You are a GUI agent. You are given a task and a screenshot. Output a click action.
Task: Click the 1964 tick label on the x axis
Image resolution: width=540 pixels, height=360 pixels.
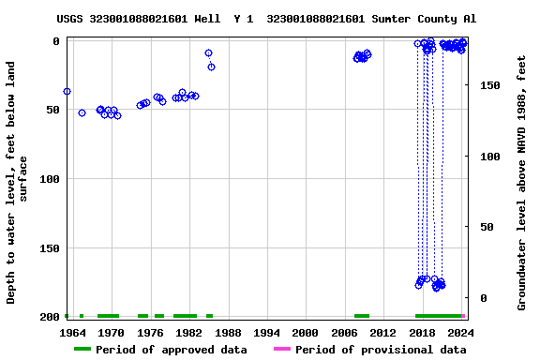click(72, 333)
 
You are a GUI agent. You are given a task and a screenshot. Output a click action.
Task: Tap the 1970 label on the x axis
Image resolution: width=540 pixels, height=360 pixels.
click(111, 333)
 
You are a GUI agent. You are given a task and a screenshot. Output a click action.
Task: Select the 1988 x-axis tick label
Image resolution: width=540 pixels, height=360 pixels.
click(228, 333)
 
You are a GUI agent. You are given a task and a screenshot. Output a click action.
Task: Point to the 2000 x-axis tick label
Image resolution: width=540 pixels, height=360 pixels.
click(306, 333)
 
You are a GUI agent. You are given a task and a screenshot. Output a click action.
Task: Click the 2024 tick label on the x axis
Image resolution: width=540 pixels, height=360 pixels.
click(461, 333)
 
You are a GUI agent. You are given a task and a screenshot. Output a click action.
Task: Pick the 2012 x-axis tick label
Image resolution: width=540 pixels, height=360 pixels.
click(383, 333)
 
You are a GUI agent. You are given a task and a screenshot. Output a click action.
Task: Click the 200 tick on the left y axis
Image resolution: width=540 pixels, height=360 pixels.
click(49, 318)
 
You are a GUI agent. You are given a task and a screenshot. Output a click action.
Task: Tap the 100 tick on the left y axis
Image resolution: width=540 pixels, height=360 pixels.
click(49, 179)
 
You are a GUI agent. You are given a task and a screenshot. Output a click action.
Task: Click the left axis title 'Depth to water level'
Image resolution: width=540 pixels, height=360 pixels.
click(18, 183)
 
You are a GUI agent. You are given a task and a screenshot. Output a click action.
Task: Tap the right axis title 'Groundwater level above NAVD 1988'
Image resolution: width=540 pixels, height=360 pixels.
click(521, 183)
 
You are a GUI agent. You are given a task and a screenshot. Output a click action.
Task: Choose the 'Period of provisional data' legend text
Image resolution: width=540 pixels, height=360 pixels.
click(381, 350)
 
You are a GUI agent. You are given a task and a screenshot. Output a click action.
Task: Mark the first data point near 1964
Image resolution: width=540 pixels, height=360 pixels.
click(67, 92)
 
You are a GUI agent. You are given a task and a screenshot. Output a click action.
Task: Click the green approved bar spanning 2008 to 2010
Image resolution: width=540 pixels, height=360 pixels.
click(362, 316)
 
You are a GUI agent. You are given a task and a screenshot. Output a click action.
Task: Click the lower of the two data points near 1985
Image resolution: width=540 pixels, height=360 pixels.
click(211, 67)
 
